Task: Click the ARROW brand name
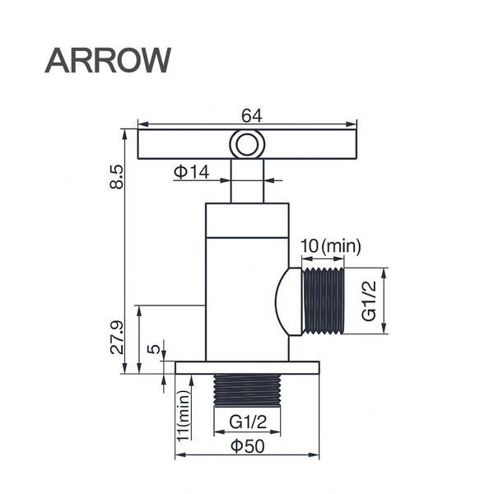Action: (x=108, y=59)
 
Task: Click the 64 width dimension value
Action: (x=252, y=116)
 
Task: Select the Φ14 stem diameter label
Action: (x=191, y=172)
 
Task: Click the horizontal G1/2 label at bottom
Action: (x=248, y=422)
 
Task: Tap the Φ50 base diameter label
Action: (x=248, y=445)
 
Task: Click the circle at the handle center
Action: (x=246, y=145)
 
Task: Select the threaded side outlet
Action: (x=323, y=301)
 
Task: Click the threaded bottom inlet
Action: (x=247, y=391)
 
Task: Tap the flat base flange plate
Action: (x=247, y=367)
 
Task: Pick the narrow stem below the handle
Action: (x=246, y=181)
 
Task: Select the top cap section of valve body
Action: (x=246, y=220)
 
